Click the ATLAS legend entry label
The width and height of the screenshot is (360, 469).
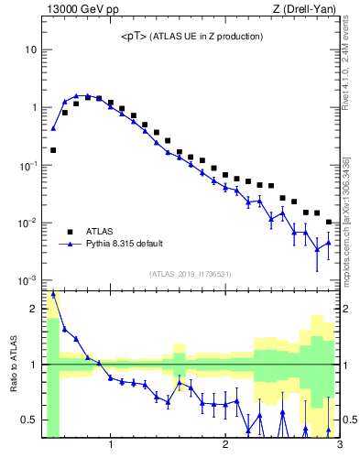[x=100, y=231]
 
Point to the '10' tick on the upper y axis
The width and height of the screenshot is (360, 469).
[x=30, y=49]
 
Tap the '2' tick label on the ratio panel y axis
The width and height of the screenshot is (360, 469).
[x=33, y=309]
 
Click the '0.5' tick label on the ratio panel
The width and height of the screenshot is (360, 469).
[x=27, y=420]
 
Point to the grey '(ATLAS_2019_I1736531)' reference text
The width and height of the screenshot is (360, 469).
[x=191, y=274]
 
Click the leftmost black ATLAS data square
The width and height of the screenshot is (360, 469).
[x=53, y=149]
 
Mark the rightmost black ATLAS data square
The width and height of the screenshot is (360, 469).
[x=329, y=222]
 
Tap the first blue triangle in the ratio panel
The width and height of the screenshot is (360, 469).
[x=53, y=294]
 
